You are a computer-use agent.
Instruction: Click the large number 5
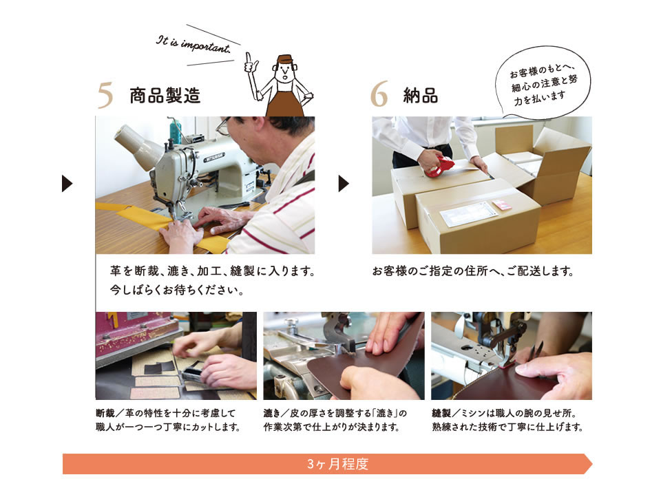[x=105, y=95]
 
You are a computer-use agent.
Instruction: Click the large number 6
[x=379, y=94]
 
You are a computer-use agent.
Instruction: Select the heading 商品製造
[x=165, y=95]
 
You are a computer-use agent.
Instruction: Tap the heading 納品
[x=420, y=95]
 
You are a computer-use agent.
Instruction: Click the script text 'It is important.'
[x=193, y=44]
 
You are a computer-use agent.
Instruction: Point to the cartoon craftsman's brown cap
[x=285, y=59]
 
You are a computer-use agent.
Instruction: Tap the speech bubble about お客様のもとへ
[x=543, y=82]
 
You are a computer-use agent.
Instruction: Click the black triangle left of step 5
[x=67, y=183]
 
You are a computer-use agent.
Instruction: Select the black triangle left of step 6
[x=344, y=183]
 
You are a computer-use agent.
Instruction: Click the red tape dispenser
[x=439, y=166]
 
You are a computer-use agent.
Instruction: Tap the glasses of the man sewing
[x=223, y=126]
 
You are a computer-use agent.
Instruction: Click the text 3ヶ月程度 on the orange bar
[x=337, y=464]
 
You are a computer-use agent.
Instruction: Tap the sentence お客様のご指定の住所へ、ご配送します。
[x=472, y=271]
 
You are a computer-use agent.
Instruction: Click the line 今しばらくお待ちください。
[x=177, y=290]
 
